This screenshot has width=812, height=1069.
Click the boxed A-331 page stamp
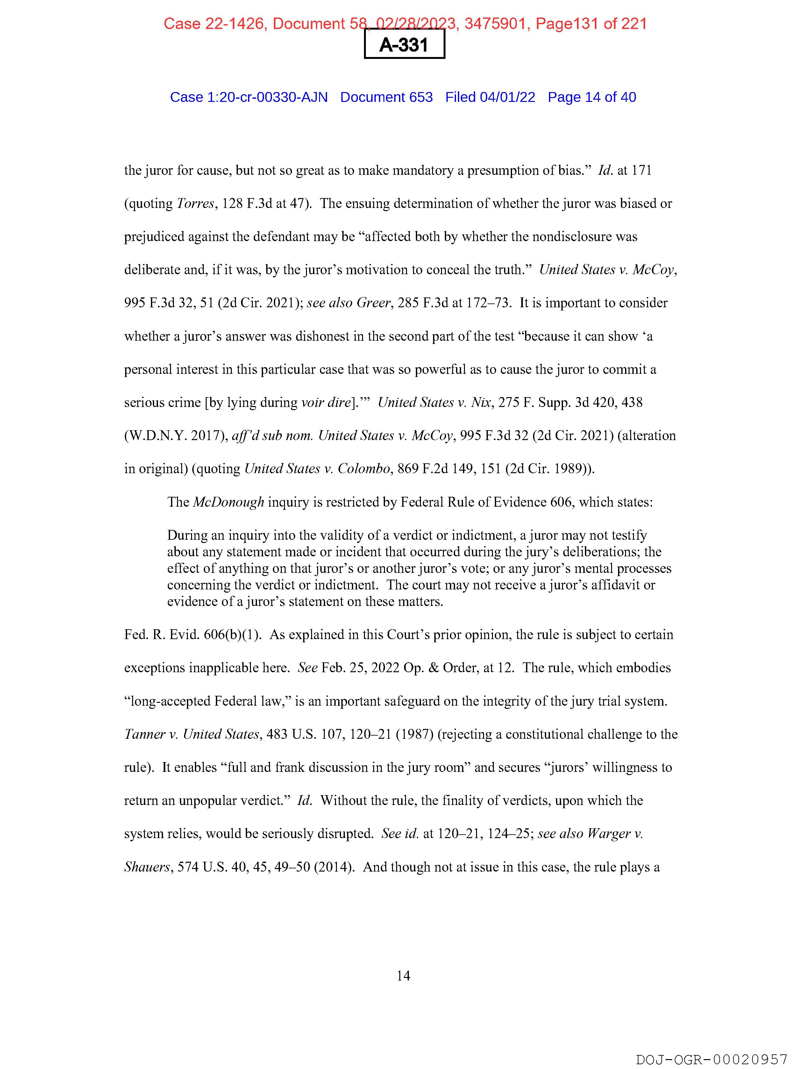[x=404, y=45]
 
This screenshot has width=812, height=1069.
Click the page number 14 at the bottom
[x=403, y=976]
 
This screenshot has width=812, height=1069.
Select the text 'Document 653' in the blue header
[x=386, y=97]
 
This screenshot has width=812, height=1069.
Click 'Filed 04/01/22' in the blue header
[x=490, y=97]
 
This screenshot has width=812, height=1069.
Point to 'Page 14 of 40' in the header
[x=592, y=97]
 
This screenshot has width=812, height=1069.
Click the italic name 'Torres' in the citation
[x=195, y=203]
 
